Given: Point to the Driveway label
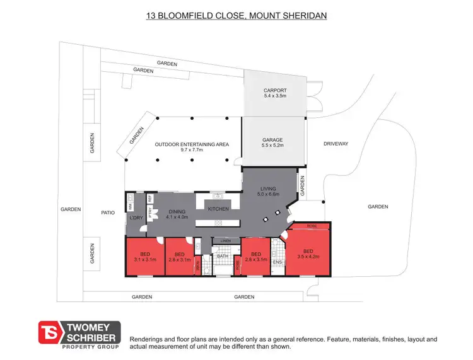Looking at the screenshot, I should pos(336,144).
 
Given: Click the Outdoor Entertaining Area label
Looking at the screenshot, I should pos(191,144).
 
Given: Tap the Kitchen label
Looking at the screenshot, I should pos(218,209).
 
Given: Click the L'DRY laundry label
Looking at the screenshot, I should pos(136,218).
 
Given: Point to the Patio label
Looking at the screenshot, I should pos(108,212).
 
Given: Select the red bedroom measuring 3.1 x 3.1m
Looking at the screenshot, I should pos(144,256).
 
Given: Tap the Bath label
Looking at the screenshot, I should pos(222,257).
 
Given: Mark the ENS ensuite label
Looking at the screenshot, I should pos(277,261).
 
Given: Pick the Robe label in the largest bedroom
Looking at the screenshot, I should pos(312,226).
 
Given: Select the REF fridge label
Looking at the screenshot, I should pos(150,199).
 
